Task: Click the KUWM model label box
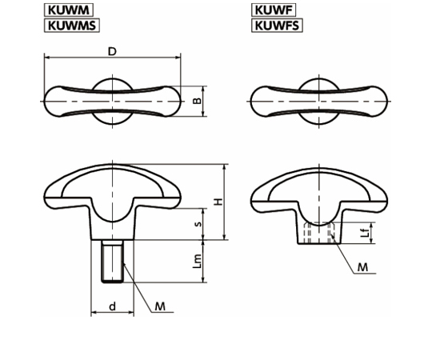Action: pos(69,10)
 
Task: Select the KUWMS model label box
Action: pos(72,26)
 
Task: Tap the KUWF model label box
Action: pos(274,10)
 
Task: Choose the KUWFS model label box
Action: pos(277,26)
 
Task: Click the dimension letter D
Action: pos(112,51)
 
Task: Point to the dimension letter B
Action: pos(197,101)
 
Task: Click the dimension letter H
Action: pos(218,202)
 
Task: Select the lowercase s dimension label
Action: pos(198,224)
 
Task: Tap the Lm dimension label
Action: pos(197,261)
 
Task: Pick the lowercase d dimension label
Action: pos(113,306)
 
